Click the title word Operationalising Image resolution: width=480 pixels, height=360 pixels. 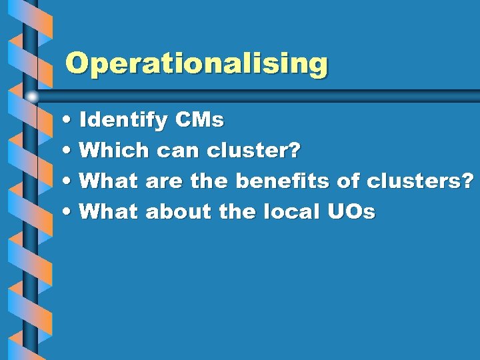(197, 65)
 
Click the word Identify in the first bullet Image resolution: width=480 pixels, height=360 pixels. (123, 121)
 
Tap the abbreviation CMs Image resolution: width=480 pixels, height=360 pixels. (199, 121)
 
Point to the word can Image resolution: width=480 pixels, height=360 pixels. (179, 151)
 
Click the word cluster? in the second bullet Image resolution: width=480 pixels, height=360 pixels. (254, 151)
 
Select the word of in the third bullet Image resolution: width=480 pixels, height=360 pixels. (349, 181)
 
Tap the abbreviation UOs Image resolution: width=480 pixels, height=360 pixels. (351, 211)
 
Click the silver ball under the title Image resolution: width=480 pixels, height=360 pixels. (31, 98)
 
